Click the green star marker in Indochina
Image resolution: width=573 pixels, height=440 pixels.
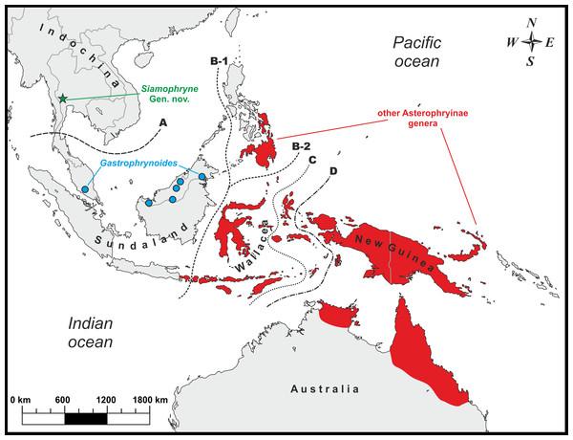coord(63,99)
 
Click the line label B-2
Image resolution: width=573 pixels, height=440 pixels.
coord(302,145)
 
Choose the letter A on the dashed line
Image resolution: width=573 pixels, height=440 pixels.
coord(164,123)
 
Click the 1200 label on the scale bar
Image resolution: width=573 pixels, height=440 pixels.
coord(105,399)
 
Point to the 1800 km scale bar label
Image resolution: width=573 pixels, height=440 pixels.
coord(148,399)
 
